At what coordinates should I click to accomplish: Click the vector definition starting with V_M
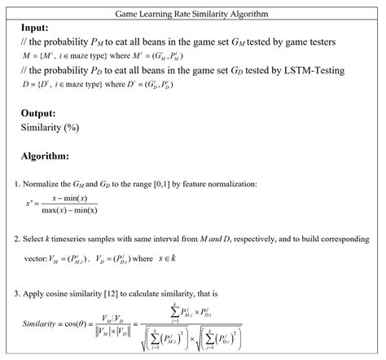(x=86, y=261)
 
